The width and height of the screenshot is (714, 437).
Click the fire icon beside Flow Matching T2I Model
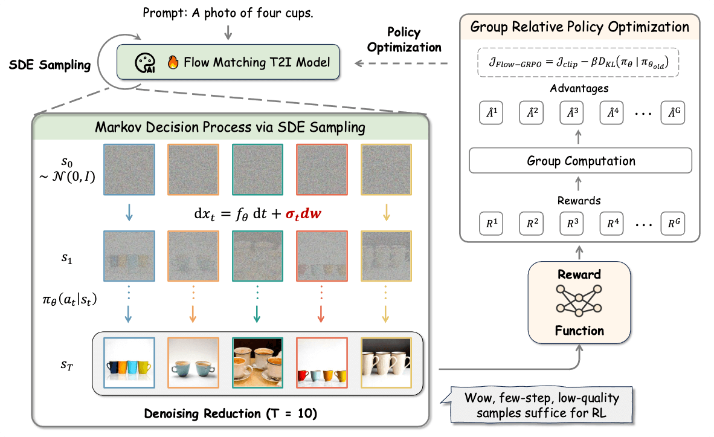(x=173, y=62)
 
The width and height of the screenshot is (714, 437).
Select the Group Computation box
(x=581, y=161)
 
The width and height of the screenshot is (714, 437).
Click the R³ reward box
(x=571, y=223)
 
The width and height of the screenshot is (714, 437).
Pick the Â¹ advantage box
(x=490, y=113)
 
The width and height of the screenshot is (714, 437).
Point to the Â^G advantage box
(x=673, y=113)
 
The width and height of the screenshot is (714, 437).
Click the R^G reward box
(x=673, y=223)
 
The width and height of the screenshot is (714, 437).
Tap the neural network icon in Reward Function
(x=580, y=302)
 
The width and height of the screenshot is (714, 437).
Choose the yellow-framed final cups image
(x=386, y=363)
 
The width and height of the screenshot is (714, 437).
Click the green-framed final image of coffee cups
(x=258, y=363)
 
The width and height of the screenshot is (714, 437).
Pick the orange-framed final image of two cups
(x=194, y=363)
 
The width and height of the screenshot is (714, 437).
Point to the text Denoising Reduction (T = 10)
(x=230, y=414)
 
